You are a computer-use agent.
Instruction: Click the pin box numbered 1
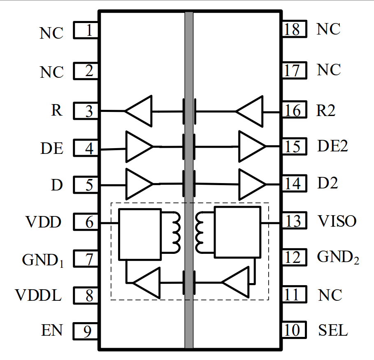[86, 30]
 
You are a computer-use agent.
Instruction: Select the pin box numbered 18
[295, 30]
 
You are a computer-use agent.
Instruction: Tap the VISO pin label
[337, 221]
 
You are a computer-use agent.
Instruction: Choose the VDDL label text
[39, 295]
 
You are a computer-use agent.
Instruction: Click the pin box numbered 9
[86, 331]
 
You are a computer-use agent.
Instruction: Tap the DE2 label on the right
[332, 146]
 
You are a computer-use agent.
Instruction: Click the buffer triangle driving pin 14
[251, 184]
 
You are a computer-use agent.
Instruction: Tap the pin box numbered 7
[86, 260]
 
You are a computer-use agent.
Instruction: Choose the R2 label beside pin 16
[327, 111]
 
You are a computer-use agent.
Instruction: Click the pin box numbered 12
[295, 258]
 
